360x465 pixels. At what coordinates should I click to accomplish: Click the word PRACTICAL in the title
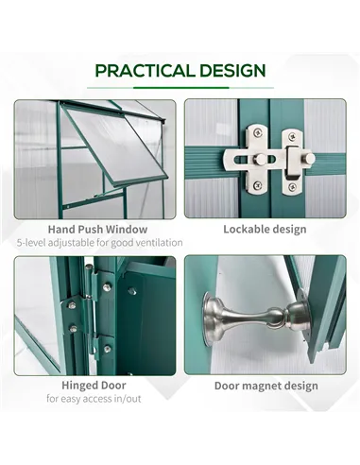pyautogui.click(x=146, y=71)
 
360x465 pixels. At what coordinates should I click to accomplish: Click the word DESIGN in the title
pyautogui.click(x=232, y=71)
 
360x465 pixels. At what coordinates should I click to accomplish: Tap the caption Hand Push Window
pyautogui.click(x=97, y=229)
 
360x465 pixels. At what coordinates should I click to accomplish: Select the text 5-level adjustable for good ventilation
pyautogui.click(x=99, y=243)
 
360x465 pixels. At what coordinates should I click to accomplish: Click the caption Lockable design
pyautogui.click(x=265, y=229)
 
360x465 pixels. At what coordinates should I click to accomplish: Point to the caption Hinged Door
pyautogui.click(x=94, y=385)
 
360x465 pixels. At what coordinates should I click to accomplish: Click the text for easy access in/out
pyautogui.click(x=94, y=399)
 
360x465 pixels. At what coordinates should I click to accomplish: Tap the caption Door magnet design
pyautogui.click(x=266, y=386)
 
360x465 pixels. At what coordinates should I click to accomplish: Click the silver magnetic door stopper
pyautogui.click(x=256, y=319)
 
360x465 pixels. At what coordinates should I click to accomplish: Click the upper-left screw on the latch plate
pyautogui.click(x=258, y=132)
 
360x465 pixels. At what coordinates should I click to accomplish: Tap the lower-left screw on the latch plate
pyautogui.click(x=258, y=184)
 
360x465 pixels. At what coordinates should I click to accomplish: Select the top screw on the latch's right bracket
pyautogui.click(x=292, y=136)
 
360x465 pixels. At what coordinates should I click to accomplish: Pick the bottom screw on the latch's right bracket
pyautogui.click(x=292, y=187)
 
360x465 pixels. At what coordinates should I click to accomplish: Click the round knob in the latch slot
pyautogui.click(x=260, y=159)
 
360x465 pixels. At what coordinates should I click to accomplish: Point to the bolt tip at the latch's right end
pyautogui.click(x=310, y=158)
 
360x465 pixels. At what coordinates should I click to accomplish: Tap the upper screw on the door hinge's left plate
pyautogui.click(x=72, y=305)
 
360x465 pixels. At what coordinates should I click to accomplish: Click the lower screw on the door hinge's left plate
pyautogui.click(x=73, y=329)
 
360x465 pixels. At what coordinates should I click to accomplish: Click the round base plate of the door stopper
pyautogui.click(x=208, y=319)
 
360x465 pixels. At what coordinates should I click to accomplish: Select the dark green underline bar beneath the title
pyautogui.click(x=180, y=88)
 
